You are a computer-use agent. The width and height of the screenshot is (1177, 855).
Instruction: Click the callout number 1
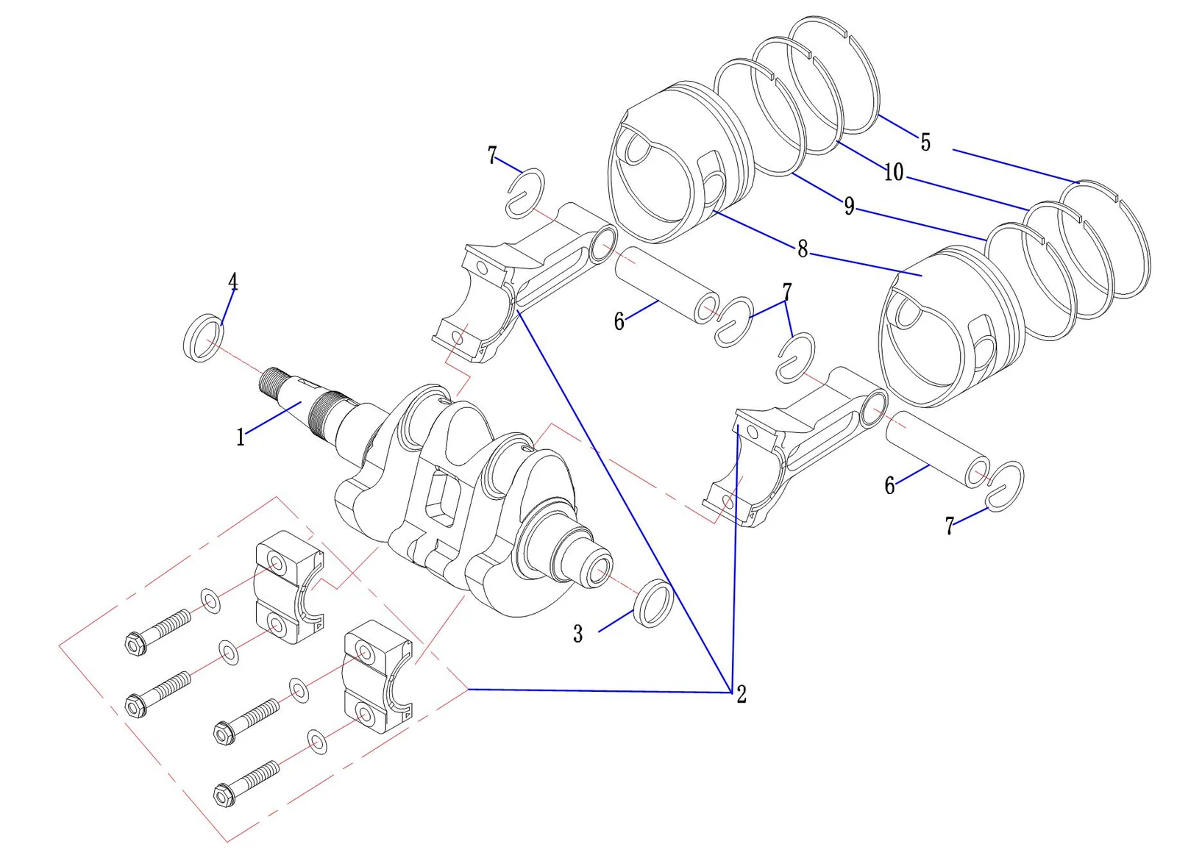(241, 437)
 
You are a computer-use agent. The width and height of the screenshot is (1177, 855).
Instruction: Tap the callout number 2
(742, 694)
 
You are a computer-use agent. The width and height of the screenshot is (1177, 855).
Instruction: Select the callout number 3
(578, 634)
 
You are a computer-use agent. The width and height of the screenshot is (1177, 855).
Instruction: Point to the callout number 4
(232, 282)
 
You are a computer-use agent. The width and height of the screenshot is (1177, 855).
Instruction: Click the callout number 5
(925, 143)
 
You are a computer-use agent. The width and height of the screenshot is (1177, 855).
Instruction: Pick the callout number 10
(894, 172)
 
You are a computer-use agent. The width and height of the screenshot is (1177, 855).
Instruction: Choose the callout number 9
(849, 205)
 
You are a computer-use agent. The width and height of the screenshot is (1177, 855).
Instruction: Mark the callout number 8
(803, 248)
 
